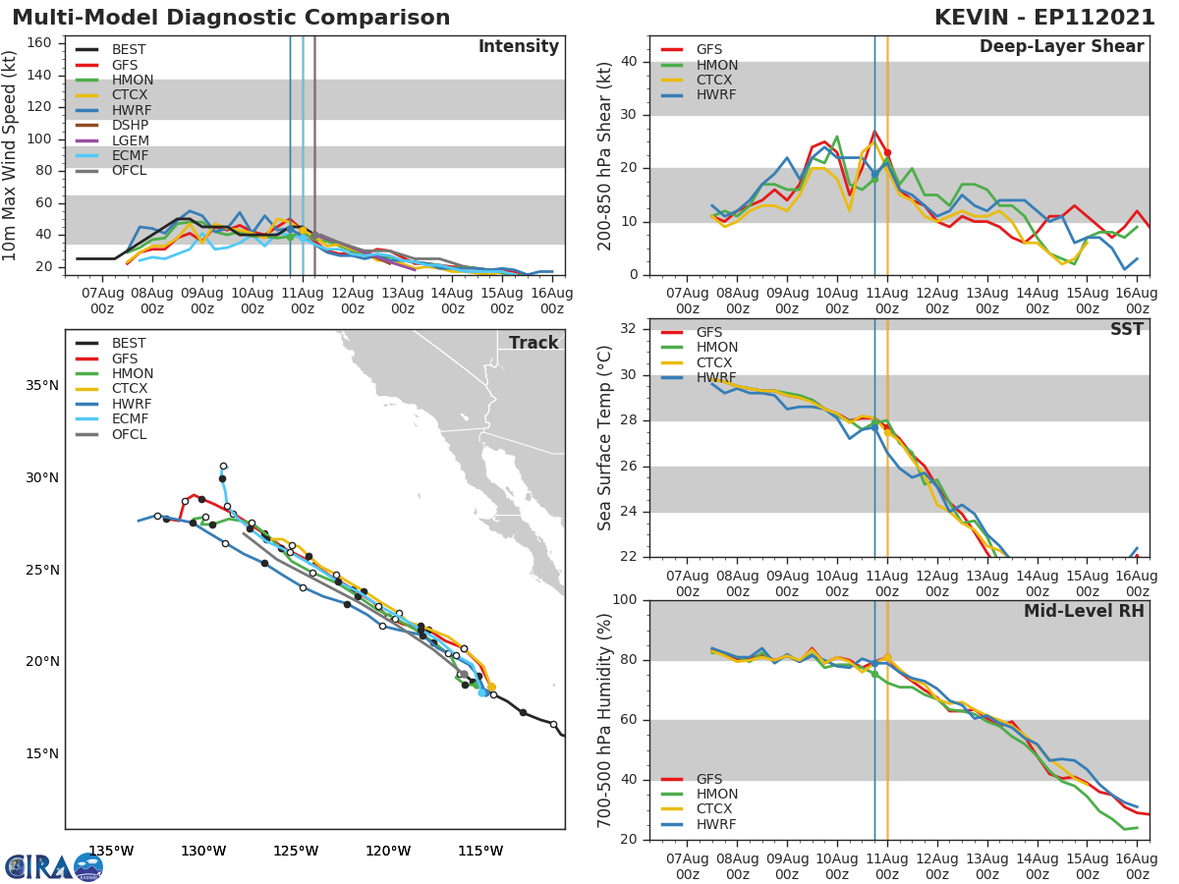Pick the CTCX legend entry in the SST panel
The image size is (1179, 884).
[716, 362]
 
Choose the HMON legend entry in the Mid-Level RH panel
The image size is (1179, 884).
[716, 794]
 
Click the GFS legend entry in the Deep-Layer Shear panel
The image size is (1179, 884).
[709, 50]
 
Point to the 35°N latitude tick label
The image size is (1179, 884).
[42, 385]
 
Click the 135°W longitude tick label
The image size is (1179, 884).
[111, 851]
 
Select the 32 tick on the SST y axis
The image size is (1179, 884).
[630, 329]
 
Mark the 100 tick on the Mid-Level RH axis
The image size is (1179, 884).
[625, 600]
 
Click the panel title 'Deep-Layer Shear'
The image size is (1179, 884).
[1061, 47]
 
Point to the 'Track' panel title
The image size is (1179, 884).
[533, 343]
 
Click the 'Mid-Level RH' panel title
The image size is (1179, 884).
[1084, 611]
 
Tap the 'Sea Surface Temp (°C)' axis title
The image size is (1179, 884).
[606, 437]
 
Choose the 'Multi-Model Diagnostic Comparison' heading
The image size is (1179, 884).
[231, 18]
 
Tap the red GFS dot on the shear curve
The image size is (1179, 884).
[887, 152]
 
